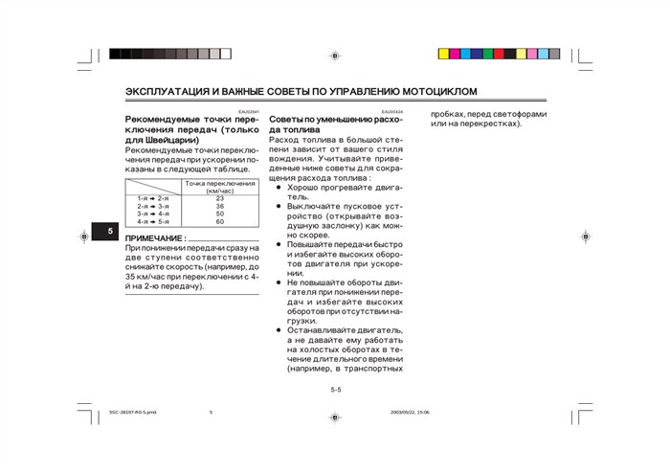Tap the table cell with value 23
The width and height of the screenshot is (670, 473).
click(219, 198)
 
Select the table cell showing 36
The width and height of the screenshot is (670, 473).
click(219, 206)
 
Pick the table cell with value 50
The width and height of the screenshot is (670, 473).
click(219, 214)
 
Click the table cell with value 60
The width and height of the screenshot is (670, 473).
click(219, 221)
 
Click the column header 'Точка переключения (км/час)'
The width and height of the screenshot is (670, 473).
click(219, 186)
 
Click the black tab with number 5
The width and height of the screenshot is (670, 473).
click(110, 233)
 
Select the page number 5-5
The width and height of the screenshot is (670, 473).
click(336, 390)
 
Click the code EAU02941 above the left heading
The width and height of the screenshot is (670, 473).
click(249, 111)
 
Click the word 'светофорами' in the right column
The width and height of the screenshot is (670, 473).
click(527, 114)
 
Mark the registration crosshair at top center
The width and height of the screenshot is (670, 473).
click(334, 55)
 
